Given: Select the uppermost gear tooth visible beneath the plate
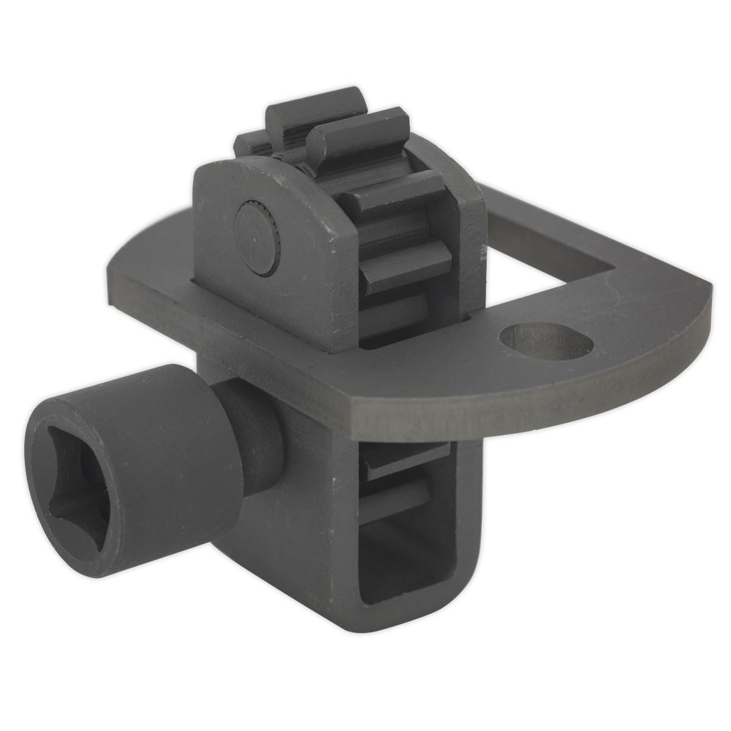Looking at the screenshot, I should point(408,451).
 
